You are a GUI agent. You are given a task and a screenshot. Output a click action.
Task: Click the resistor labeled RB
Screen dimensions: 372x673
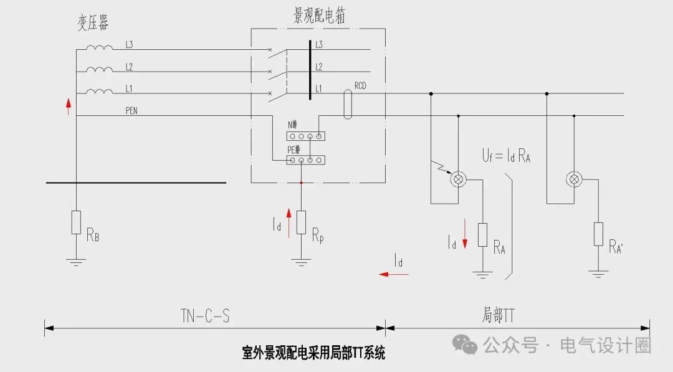(76, 222)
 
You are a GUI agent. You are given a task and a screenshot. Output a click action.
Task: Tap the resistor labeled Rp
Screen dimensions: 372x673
(301, 222)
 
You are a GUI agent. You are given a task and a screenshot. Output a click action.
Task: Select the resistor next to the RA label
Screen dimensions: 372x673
(482, 234)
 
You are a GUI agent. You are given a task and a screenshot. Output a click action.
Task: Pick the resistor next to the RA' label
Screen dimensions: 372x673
(598, 234)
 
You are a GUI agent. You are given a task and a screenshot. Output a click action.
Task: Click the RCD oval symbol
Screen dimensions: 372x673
(348, 104)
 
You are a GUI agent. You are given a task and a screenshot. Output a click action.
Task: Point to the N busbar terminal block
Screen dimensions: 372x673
(306, 135)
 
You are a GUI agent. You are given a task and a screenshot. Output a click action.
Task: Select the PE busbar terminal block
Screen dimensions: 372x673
(306, 160)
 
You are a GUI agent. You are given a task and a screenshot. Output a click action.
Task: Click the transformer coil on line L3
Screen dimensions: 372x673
(100, 48)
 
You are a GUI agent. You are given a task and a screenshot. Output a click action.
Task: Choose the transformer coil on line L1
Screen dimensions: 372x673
(100, 92)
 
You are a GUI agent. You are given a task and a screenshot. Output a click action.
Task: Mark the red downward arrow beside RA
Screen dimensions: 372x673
(464, 241)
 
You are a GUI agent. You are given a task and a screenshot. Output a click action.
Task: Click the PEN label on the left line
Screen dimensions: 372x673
(131, 112)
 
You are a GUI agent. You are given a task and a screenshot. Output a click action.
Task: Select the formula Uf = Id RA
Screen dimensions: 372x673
(506, 155)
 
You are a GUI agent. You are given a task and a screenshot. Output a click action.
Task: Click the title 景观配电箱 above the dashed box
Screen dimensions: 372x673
(319, 16)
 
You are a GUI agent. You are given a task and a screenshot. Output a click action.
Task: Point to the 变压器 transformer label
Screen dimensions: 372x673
(93, 24)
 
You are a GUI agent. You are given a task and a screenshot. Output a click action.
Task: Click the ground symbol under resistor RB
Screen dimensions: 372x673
(76, 262)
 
